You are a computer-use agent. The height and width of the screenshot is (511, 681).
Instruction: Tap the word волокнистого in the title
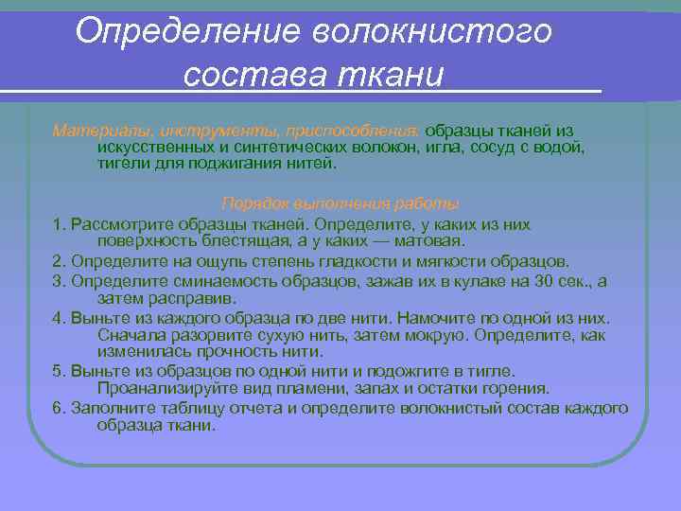[420, 31]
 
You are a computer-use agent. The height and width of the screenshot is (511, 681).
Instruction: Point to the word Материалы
[91, 130]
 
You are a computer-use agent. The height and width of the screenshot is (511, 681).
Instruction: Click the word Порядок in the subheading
[250, 203]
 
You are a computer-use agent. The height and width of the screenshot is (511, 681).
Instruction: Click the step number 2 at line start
[58, 260]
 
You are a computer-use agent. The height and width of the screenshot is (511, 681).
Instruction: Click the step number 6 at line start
[58, 408]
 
